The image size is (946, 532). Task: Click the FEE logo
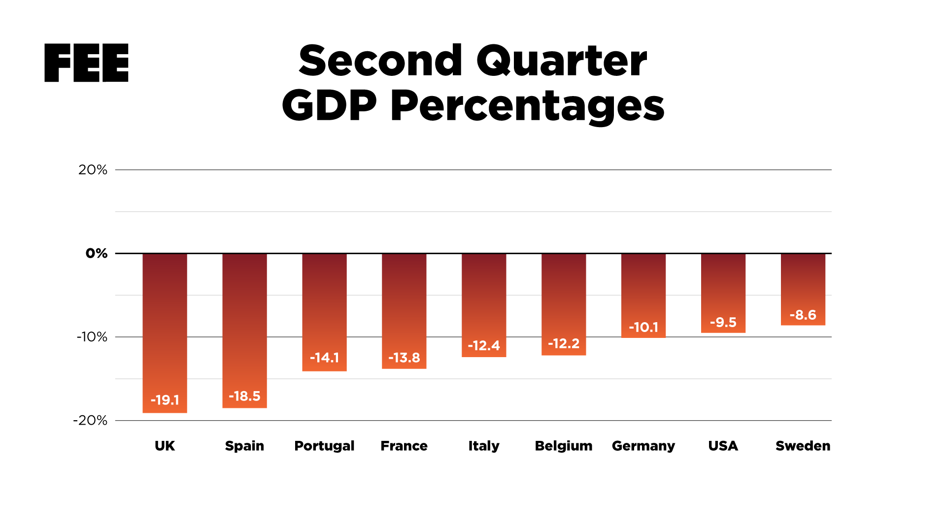click(86, 63)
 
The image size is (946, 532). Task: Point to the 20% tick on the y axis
click(93, 170)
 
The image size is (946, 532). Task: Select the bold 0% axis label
click(97, 253)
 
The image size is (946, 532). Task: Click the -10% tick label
click(92, 337)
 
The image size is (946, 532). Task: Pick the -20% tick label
click(90, 420)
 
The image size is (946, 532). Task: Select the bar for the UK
click(165, 320)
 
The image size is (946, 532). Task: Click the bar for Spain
click(244, 320)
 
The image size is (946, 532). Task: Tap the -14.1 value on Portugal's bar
click(324, 358)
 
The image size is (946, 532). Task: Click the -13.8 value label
click(404, 358)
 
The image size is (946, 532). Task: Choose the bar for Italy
click(484, 300)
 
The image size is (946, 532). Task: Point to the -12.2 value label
click(564, 343)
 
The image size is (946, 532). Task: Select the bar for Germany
click(643, 291)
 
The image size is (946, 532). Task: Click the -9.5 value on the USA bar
click(723, 322)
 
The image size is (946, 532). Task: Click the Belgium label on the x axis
click(564, 446)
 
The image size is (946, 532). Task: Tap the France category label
click(404, 446)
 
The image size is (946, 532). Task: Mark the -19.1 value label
click(165, 400)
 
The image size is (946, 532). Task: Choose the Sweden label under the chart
click(803, 446)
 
